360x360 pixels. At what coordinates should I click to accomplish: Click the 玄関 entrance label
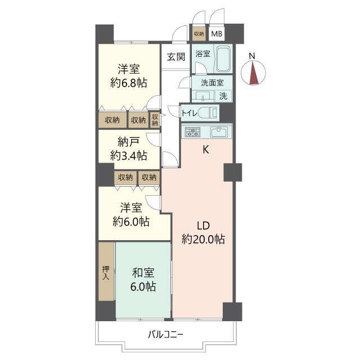(x=176, y=57)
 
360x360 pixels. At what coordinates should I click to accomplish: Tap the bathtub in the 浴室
(x=223, y=59)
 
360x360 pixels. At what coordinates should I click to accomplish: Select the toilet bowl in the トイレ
(x=208, y=112)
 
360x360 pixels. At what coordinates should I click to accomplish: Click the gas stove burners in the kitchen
(x=192, y=132)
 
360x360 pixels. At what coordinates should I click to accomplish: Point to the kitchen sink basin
(x=219, y=132)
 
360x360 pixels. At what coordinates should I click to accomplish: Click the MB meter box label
(x=217, y=34)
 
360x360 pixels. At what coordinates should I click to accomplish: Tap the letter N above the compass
(x=252, y=56)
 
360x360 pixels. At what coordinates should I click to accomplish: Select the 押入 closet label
(x=106, y=272)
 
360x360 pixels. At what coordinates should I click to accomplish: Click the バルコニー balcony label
(x=165, y=334)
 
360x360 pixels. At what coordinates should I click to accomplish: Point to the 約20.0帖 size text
(x=203, y=240)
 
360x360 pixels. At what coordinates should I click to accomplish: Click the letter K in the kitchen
(x=206, y=150)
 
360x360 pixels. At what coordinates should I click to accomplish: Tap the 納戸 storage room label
(x=128, y=142)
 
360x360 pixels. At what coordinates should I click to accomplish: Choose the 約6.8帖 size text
(x=129, y=83)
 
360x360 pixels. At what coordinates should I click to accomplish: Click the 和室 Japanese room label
(x=143, y=273)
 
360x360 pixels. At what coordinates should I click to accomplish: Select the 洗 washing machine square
(x=223, y=96)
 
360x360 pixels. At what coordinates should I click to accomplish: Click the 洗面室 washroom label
(x=212, y=83)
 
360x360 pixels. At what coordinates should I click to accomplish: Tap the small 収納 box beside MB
(x=199, y=34)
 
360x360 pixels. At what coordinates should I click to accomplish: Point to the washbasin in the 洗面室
(x=203, y=96)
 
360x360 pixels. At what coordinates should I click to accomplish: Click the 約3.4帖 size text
(x=129, y=156)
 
